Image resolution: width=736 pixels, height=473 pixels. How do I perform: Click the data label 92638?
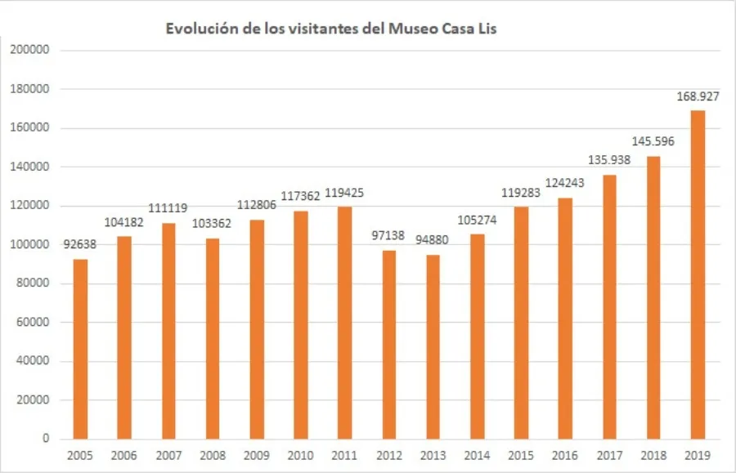[x=79, y=245]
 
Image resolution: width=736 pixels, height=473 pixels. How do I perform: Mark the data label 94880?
[x=433, y=241]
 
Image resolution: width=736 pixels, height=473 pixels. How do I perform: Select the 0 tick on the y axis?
[x=47, y=439]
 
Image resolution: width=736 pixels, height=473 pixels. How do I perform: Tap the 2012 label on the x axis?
[x=388, y=457]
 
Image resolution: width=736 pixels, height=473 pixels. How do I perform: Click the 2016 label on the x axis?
[x=565, y=457]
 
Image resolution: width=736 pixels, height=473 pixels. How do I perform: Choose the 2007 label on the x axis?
[x=168, y=457]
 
